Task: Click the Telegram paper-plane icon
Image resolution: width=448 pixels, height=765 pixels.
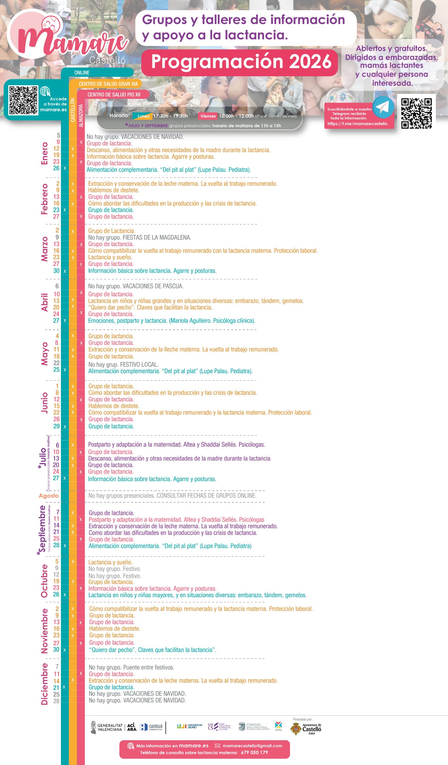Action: pos(383,107)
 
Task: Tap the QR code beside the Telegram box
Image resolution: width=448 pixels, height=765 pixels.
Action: pos(416,113)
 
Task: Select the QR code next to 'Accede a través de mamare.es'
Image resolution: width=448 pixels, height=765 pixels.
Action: pos(23,100)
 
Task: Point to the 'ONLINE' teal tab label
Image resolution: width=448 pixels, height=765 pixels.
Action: pos(82,73)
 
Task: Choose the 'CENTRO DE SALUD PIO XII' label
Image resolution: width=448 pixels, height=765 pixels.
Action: pos(114,95)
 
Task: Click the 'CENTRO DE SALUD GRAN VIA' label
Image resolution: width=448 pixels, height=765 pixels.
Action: pos(108,84)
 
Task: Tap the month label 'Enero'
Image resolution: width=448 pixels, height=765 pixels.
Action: pos(45,153)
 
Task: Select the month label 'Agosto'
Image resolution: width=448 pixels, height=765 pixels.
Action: pos(48,495)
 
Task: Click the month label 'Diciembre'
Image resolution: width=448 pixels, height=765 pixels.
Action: pos(45,684)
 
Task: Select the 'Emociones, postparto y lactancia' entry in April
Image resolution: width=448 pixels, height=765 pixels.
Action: pos(172,321)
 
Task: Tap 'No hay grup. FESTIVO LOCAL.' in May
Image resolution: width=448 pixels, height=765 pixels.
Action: pos(123,364)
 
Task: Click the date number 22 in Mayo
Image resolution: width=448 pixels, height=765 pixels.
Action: pos(56,363)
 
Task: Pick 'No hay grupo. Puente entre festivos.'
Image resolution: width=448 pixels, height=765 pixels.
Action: pos(132,667)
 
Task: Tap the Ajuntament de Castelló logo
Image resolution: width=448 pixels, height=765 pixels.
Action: pos(306,729)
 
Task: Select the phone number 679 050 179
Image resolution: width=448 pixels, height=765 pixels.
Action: pos(254,752)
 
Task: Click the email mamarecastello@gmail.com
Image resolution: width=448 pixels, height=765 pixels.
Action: pos(252,746)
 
